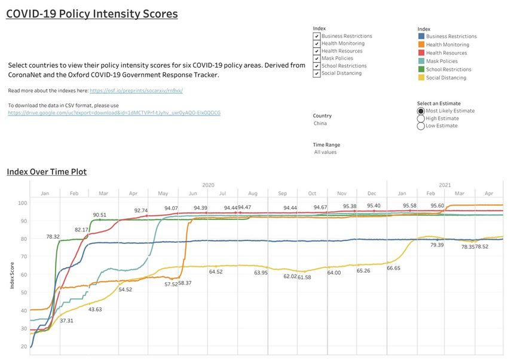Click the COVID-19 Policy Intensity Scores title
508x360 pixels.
(x=91, y=14)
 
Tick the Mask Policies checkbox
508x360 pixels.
(x=317, y=59)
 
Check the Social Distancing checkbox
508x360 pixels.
(x=317, y=74)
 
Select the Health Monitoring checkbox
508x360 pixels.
(x=317, y=44)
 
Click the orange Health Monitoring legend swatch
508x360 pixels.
(x=421, y=45)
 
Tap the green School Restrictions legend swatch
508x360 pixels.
(x=421, y=69)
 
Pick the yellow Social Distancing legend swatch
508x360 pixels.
(x=421, y=78)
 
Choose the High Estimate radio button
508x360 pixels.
(x=421, y=118)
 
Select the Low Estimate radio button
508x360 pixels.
(x=421, y=126)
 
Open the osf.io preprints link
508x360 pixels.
(x=136, y=90)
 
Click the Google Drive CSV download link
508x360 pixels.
(x=114, y=112)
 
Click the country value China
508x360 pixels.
(x=320, y=123)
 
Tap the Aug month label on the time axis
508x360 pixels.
(x=252, y=194)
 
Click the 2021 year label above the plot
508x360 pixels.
(x=445, y=185)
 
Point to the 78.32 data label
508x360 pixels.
(x=53, y=237)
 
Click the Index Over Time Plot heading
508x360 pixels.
(x=47, y=172)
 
